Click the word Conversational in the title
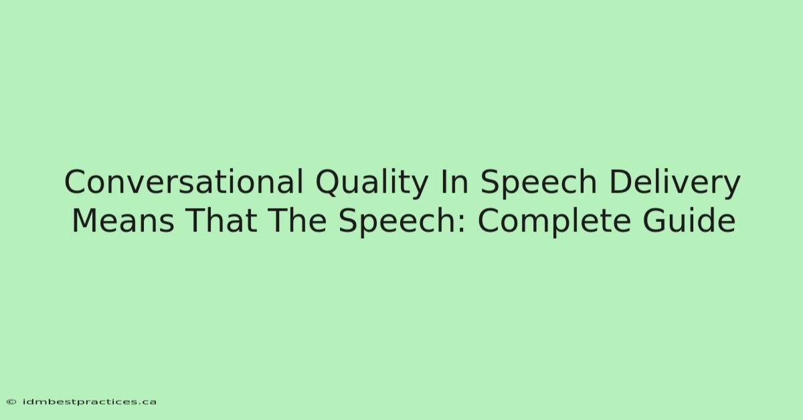click(184, 182)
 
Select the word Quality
click(372, 183)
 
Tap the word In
click(454, 182)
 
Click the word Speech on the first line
click(538, 183)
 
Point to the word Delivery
click(675, 183)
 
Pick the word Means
click(123, 221)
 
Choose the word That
click(221, 221)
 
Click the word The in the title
click(297, 221)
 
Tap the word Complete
click(554, 222)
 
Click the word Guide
click(689, 221)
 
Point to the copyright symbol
click(11, 402)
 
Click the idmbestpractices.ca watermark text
click(89, 402)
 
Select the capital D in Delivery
click(621, 182)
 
